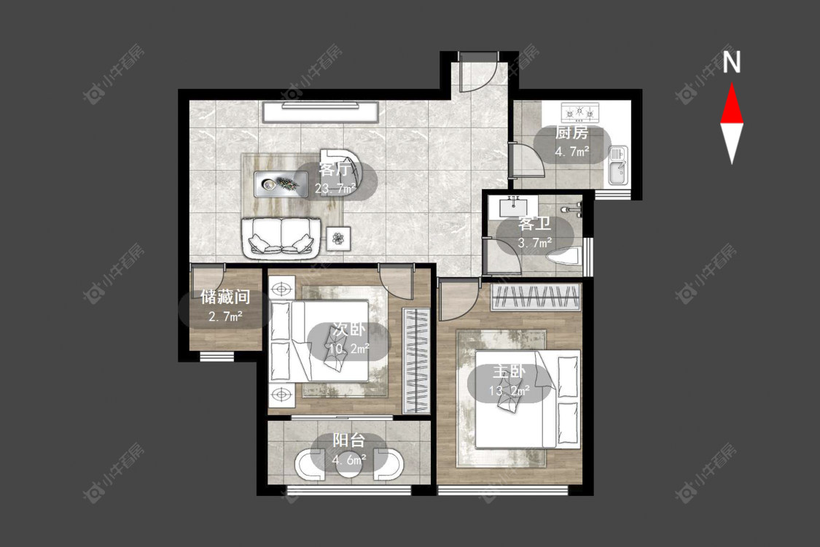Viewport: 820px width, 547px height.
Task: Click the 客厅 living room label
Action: pos(334,169)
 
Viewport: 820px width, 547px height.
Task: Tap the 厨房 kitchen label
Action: pos(571,133)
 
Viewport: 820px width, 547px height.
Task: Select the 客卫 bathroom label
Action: pos(534,224)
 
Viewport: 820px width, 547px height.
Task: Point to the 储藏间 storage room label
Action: pos(225,298)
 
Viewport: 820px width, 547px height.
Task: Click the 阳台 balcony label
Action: pos(349,441)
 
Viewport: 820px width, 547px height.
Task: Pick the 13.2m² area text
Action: pos(509,390)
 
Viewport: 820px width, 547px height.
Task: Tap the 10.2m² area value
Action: pos(349,348)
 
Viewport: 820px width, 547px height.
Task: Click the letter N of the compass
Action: pos(732,61)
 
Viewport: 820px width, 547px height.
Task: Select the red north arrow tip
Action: pos(732,84)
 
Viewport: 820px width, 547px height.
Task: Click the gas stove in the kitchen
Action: pos(579,112)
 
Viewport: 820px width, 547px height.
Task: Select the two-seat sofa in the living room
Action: pos(281,237)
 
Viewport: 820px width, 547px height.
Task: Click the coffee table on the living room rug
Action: pos(277,184)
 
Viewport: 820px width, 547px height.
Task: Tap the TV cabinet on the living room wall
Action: pos(321,112)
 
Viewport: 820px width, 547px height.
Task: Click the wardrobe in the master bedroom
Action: pos(536,298)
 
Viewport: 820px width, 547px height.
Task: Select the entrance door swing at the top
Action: pos(477,73)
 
